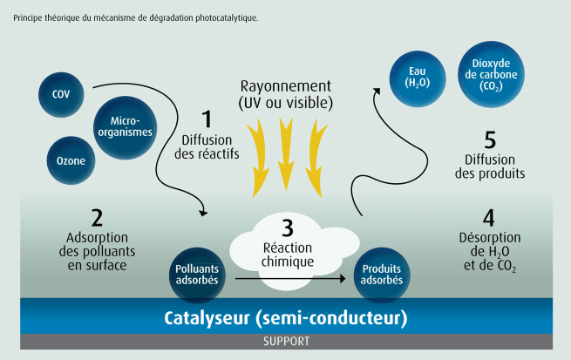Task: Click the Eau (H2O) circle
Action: point(412,76)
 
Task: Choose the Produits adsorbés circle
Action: point(382,275)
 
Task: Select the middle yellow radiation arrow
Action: point(285,153)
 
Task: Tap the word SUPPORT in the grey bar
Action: point(286,342)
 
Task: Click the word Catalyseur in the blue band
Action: point(207,316)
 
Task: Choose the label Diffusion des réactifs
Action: point(210,146)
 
